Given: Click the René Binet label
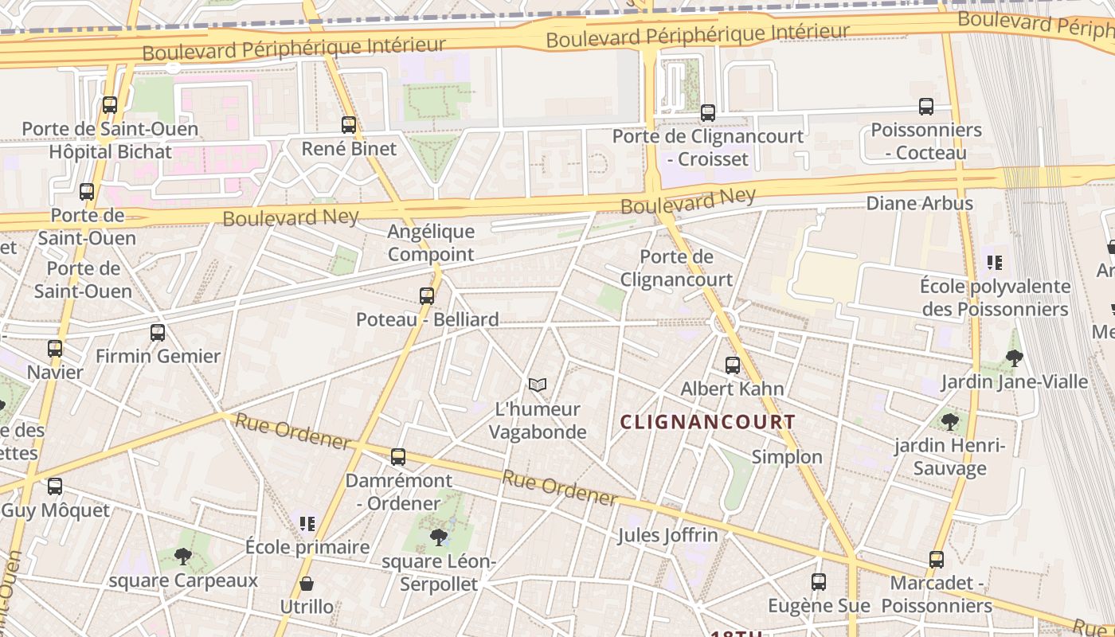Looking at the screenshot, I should (x=349, y=149).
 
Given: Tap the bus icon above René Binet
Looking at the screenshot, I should (x=349, y=125).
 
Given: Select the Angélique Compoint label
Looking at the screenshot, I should (x=431, y=243).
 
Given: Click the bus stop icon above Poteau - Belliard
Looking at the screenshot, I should (x=427, y=296).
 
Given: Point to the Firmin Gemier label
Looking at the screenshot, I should (x=158, y=356).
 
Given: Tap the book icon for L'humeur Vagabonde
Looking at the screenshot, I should (x=538, y=385).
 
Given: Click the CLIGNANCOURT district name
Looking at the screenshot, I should (x=707, y=422).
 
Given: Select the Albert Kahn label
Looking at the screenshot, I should (x=732, y=389).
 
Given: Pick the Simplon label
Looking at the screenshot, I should (x=787, y=457).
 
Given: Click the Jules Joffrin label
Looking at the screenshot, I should (x=667, y=535).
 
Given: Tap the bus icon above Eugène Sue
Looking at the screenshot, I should (x=819, y=582).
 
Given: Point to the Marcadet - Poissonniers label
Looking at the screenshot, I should (x=937, y=594).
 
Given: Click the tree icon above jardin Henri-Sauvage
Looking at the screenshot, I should (x=949, y=421).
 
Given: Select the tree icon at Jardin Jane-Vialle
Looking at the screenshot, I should (x=1014, y=358).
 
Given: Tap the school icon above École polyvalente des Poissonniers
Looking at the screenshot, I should (x=994, y=262).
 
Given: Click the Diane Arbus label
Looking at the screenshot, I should (x=919, y=203).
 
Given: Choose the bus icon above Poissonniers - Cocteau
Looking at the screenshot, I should (x=926, y=107).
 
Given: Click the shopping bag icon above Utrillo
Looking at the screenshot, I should (x=307, y=584).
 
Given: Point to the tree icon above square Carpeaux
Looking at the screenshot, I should (x=183, y=557).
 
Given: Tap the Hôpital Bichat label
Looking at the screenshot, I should (x=110, y=151).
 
